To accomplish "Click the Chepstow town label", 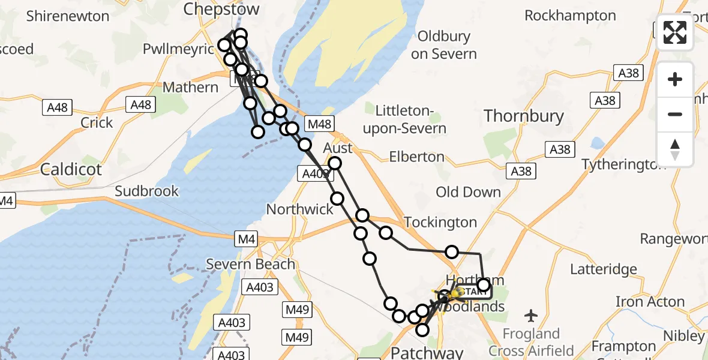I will click(x=221, y=9).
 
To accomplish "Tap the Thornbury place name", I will click(x=524, y=116).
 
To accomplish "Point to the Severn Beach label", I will click(x=250, y=264).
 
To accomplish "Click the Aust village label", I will click(x=337, y=148).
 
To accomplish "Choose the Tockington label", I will click(x=440, y=222).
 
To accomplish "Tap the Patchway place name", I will click(x=427, y=351).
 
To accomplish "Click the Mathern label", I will click(x=190, y=88).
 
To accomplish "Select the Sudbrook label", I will click(x=146, y=191).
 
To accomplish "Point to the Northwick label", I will click(x=299, y=209).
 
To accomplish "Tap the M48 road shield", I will click(x=318, y=124).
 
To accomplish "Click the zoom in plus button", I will click(x=675, y=79).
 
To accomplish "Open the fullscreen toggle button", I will click(x=675, y=32).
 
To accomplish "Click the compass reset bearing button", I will click(x=675, y=149).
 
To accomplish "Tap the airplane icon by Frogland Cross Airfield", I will click(x=531, y=314).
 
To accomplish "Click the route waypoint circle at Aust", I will click(x=334, y=163).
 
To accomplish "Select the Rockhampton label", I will click(x=569, y=16).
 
